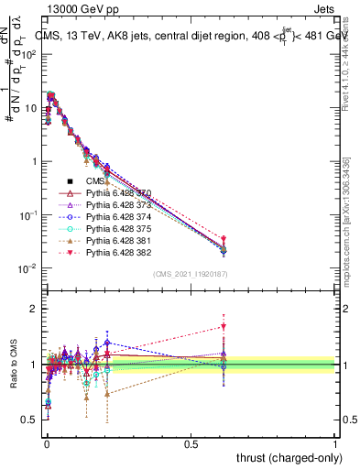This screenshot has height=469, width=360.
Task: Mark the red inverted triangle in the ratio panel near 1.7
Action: (224, 326)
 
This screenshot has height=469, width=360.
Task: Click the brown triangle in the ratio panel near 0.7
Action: (107, 394)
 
